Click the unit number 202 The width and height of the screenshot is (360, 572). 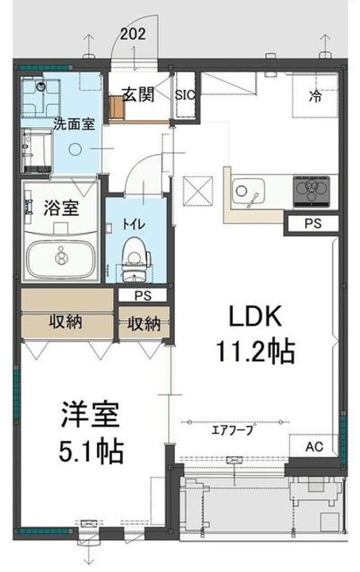click(x=134, y=33)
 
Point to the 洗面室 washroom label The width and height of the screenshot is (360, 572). click(x=71, y=124)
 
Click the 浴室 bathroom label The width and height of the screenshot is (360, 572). click(x=60, y=210)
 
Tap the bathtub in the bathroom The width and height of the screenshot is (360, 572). click(x=61, y=256)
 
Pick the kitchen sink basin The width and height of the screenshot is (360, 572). click(x=248, y=191)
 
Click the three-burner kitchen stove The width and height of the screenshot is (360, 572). click(x=312, y=189)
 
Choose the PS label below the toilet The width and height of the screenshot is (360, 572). click(x=143, y=296)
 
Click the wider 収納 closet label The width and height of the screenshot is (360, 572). click(x=68, y=322)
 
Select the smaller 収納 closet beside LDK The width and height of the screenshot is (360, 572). click(x=142, y=323)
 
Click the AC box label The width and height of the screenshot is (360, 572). click(x=315, y=446)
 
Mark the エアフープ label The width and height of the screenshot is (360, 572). click(x=232, y=431)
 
